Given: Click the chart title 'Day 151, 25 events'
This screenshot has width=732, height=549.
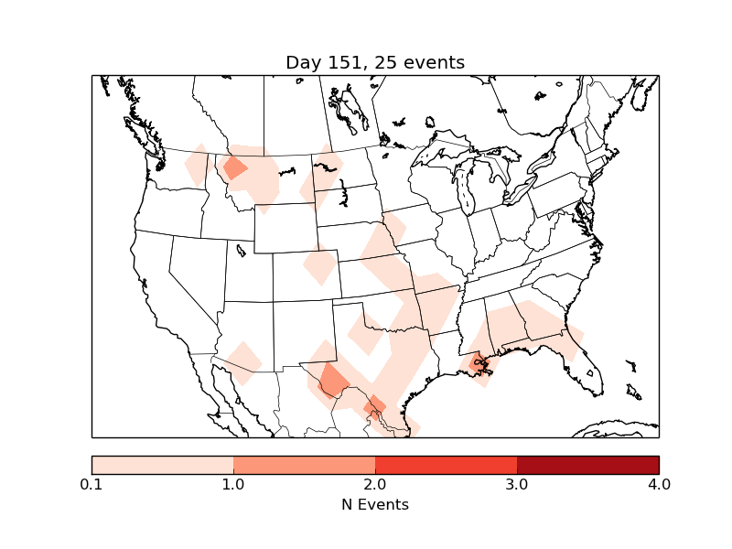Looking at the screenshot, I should [x=375, y=62].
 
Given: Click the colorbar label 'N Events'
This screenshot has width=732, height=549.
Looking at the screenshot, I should [x=375, y=504].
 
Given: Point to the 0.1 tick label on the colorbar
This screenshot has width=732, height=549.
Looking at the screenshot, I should [x=91, y=483].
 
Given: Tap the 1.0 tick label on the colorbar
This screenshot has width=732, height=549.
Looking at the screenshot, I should [x=233, y=483].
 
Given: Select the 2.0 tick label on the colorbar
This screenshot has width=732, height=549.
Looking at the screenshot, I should [x=375, y=483].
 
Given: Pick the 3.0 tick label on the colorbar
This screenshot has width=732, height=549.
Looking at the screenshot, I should [x=517, y=483].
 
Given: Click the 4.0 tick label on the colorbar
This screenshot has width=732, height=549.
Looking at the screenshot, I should [x=659, y=483].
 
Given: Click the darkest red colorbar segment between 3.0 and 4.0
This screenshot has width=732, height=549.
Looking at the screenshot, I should [x=587, y=464].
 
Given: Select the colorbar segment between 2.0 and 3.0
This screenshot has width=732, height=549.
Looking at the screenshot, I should [x=446, y=464].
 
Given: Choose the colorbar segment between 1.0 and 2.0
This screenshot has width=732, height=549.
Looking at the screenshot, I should [x=304, y=464].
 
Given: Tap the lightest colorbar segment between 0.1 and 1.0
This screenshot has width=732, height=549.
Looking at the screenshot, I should [x=162, y=464].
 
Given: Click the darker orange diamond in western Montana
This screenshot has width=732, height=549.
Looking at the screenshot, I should [x=235, y=167].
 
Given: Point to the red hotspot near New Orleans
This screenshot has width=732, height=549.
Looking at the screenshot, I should [x=478, y=363].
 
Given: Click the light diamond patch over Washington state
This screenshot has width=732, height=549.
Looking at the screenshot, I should [x=197, y=166].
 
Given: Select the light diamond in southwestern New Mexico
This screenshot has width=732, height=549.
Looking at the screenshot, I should [x=243, y=362].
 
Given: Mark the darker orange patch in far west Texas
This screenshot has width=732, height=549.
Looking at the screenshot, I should [x=333, y=381].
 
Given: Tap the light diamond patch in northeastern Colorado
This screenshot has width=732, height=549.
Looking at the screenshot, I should [x=320, y=266].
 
